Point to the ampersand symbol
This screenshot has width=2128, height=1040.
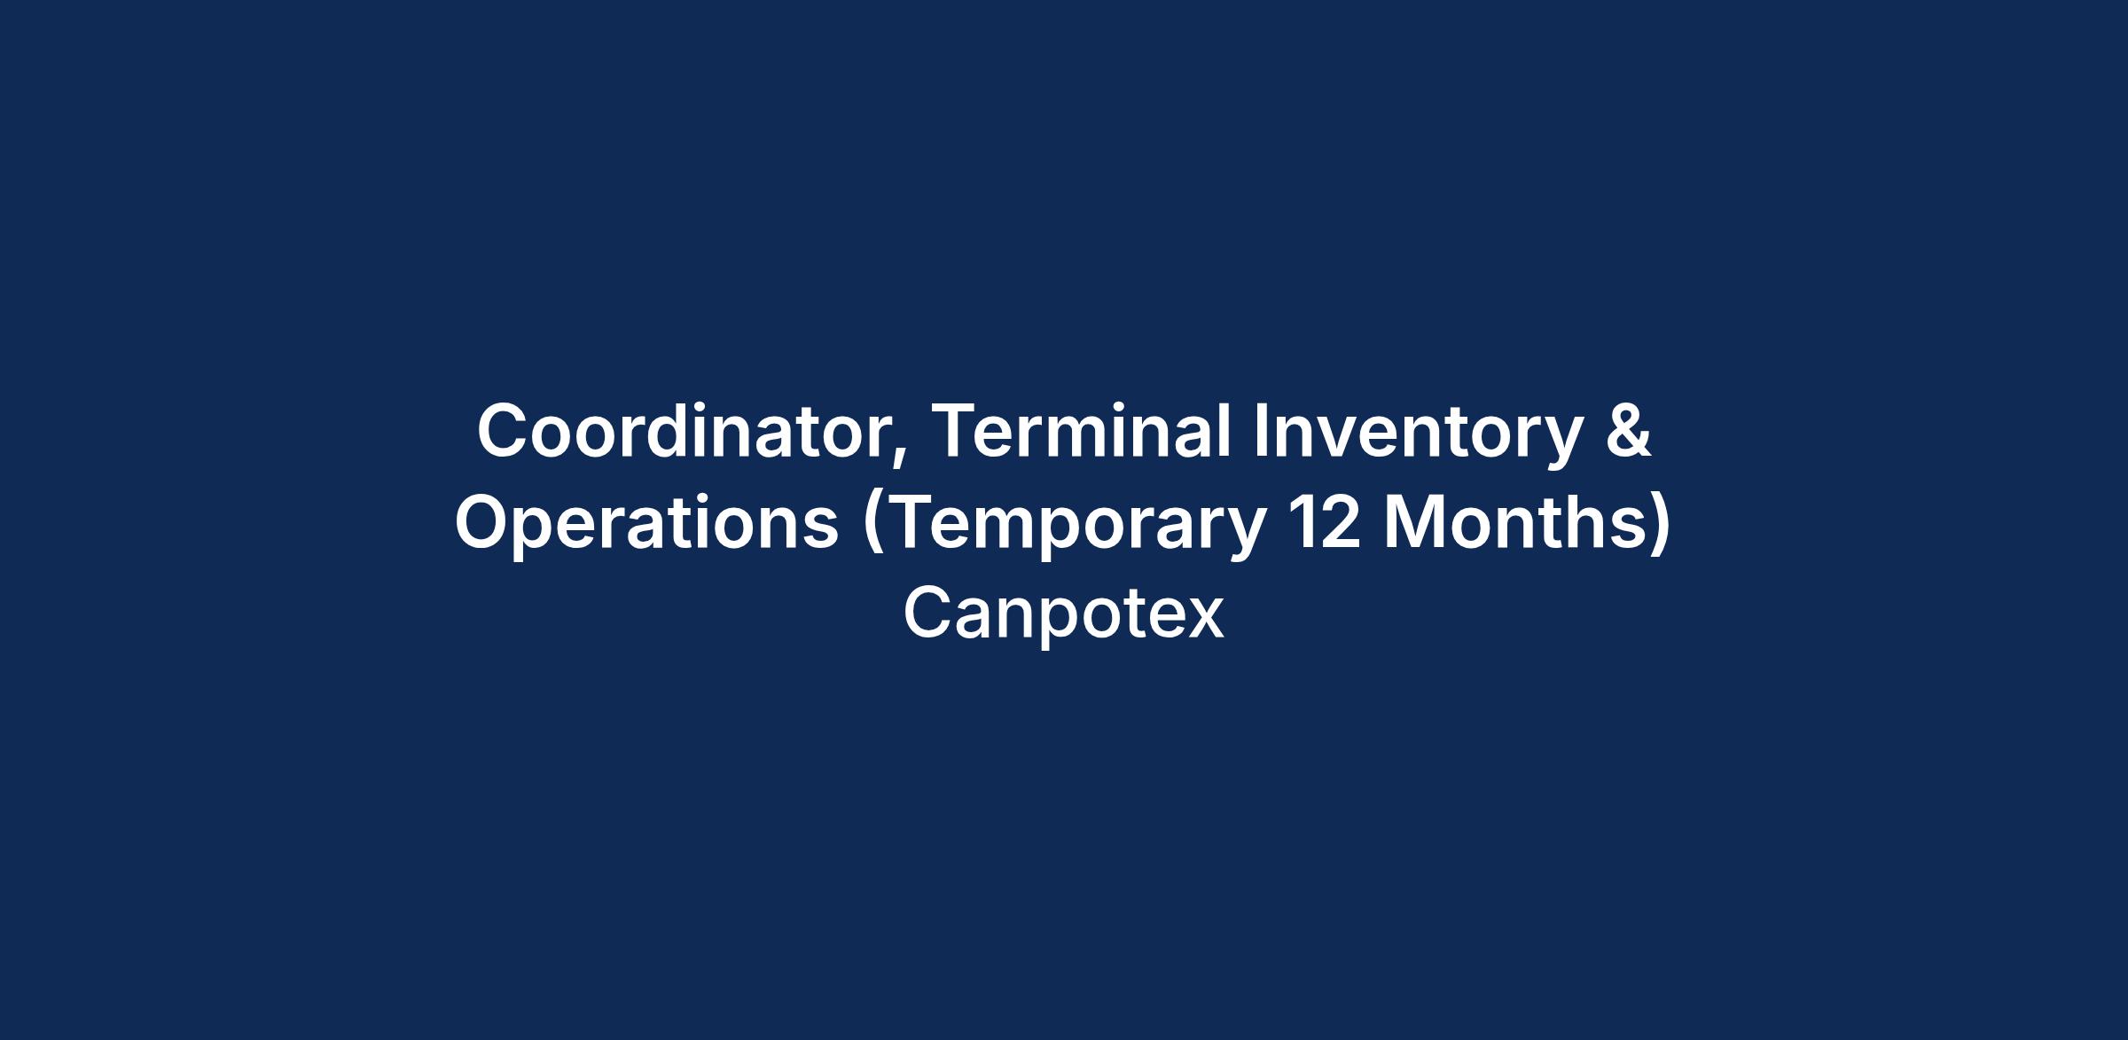pyautogui.click(x=1627, y=431)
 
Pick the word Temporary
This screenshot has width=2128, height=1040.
pyautogui.click(x=1065, y=527)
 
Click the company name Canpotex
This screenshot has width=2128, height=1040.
pyautogui.click(x=1064, y=615)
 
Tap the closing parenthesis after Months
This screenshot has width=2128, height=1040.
pyautogui.click(x=1661, y=527)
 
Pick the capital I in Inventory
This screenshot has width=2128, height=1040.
pyautogui.click(x=1260, y=431)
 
